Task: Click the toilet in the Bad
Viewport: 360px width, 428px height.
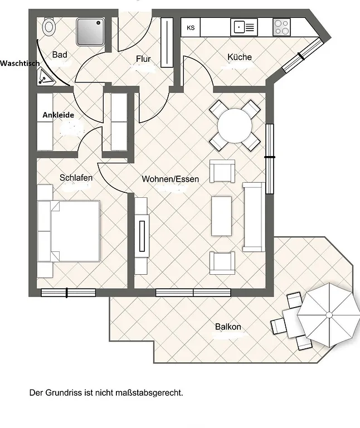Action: coord(49,27)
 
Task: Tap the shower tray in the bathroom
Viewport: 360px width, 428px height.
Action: coord(91,31)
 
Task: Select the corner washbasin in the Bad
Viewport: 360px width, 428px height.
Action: coord(45,76)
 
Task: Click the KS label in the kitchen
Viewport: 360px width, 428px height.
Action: coord(191,27)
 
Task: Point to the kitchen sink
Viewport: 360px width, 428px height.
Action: coord(244,27)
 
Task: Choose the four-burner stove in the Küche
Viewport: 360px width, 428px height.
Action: coord(281,27)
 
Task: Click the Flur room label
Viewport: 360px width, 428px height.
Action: coord(143,59)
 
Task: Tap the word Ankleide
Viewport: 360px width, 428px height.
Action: coord(58,115)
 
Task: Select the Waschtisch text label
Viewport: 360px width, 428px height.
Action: coord(20,64)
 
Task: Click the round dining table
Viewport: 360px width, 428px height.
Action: coord(235,125)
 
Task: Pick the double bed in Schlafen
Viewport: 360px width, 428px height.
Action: coord(68,231)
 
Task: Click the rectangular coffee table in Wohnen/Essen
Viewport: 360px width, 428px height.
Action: coord(221,216)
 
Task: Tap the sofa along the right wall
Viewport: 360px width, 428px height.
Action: coord(254,217)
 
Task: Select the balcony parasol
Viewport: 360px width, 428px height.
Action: coord(329,315)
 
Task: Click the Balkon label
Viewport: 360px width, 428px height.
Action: coord(228,327)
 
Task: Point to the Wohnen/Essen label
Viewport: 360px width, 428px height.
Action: coord(171,179)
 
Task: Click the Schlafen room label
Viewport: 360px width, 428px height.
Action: coord(76,178)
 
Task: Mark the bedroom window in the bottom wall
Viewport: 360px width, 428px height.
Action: coord(68,293)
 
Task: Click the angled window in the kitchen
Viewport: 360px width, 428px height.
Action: coord(301,56)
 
